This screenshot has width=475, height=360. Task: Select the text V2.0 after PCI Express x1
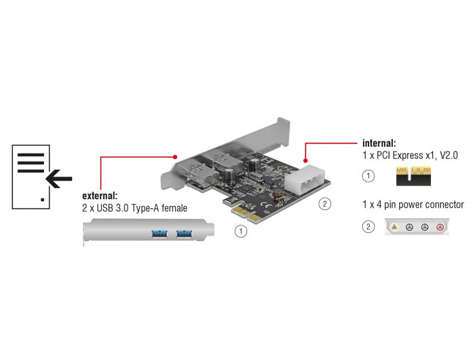coord(446,156)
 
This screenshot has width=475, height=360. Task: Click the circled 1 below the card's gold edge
coord(240,231)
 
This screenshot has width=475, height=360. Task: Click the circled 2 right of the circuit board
coord(324,203)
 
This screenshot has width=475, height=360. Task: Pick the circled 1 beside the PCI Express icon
coord(368,177)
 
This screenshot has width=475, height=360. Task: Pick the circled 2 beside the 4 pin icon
coord(368,227)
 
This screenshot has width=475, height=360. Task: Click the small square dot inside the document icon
coord(43,199)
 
